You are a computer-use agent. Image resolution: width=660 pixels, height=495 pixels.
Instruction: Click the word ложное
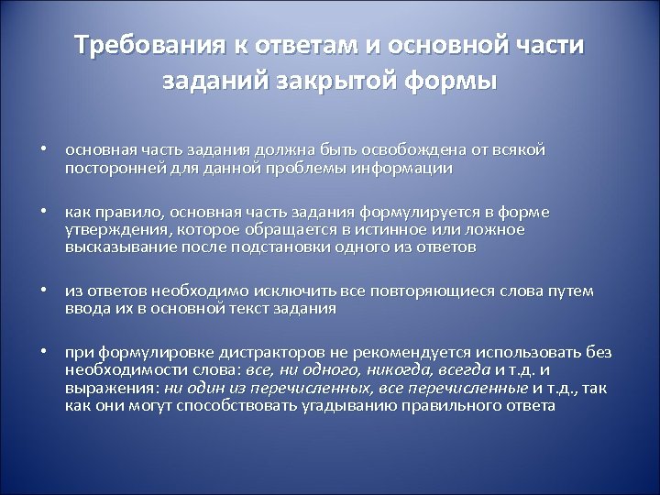click(x=490, y=229)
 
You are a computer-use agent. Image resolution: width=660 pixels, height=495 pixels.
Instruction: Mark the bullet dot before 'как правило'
click(x=43, y=213)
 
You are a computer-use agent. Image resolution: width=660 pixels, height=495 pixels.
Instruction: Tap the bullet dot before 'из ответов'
click(x=43, y=291)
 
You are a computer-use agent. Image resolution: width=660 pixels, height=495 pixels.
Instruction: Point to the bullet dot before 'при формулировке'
click(x=43, y=353)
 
